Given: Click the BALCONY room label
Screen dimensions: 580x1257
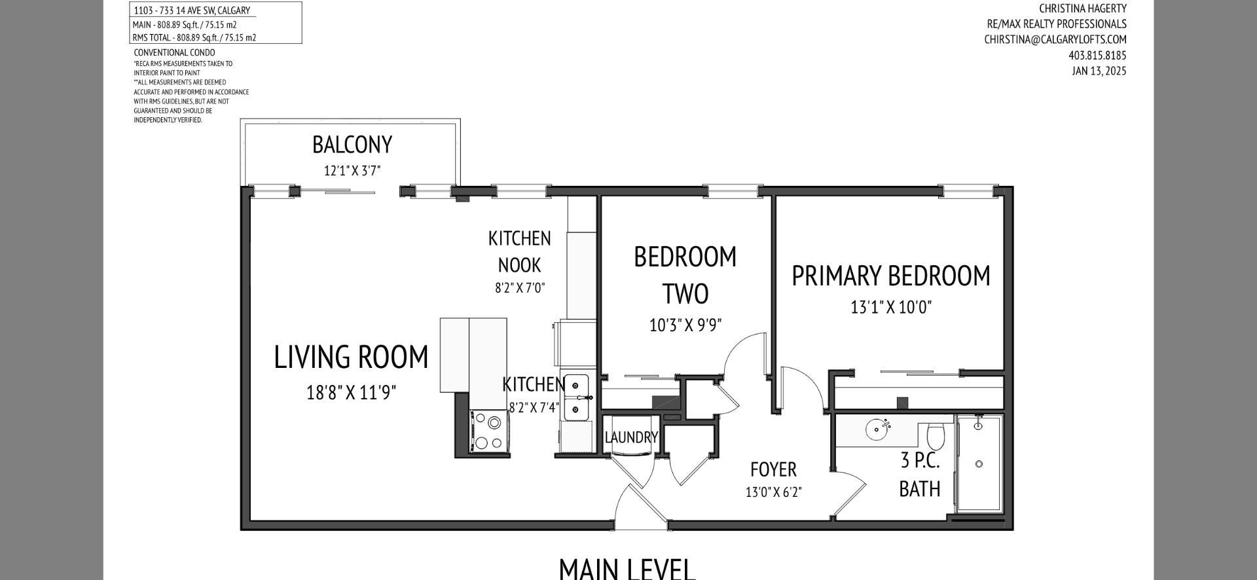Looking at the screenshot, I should point(352,145).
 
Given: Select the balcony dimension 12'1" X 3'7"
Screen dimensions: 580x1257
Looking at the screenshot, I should point(352,171).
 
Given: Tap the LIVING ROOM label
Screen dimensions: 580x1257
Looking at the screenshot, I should point(351,357).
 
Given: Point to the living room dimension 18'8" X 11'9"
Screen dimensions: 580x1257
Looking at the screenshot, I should point(351,392).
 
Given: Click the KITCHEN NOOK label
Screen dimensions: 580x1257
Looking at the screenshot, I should point(519,251).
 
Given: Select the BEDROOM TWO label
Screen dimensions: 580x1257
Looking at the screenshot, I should point(685,275).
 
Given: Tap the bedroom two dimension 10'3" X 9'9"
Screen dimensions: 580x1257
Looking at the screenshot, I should point(685,325).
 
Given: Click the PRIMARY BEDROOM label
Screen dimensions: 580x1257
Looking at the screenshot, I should point(890,276).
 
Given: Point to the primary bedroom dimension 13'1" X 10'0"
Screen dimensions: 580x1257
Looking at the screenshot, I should point(890,306).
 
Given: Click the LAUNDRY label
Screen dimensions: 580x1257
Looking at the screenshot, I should point(630,437).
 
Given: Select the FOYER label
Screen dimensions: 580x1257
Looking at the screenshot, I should point(773,469).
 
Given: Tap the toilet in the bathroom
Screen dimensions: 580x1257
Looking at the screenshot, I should point(936,436).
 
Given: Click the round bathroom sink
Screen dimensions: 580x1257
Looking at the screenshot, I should point(877,429).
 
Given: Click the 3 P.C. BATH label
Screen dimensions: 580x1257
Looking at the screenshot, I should point(919,475).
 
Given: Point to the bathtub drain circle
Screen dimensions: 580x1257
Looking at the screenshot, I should point(979,464).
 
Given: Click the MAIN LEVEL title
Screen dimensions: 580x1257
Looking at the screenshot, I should point(627,568).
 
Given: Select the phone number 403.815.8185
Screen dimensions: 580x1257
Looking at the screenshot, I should point(1097,55).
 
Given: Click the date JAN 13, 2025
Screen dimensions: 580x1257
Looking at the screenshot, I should point(1099,71).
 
